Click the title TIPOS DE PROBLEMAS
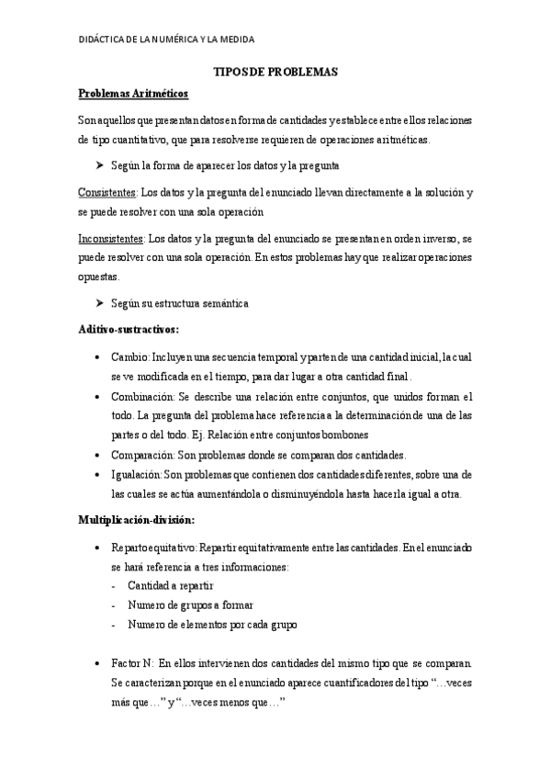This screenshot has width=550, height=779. pos(275,71)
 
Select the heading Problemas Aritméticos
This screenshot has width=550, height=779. pos(132,93)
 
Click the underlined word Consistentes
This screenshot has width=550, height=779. pos(107,191)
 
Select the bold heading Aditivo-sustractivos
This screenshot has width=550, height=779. pos(128,328)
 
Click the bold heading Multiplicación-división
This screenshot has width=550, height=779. pos(136,521)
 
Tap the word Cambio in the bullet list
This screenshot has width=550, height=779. pos(129,356)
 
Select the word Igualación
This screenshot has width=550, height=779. pos(136,474)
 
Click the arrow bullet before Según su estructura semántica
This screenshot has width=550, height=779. pos(99,303)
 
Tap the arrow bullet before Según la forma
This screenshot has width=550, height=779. pos(99,165)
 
